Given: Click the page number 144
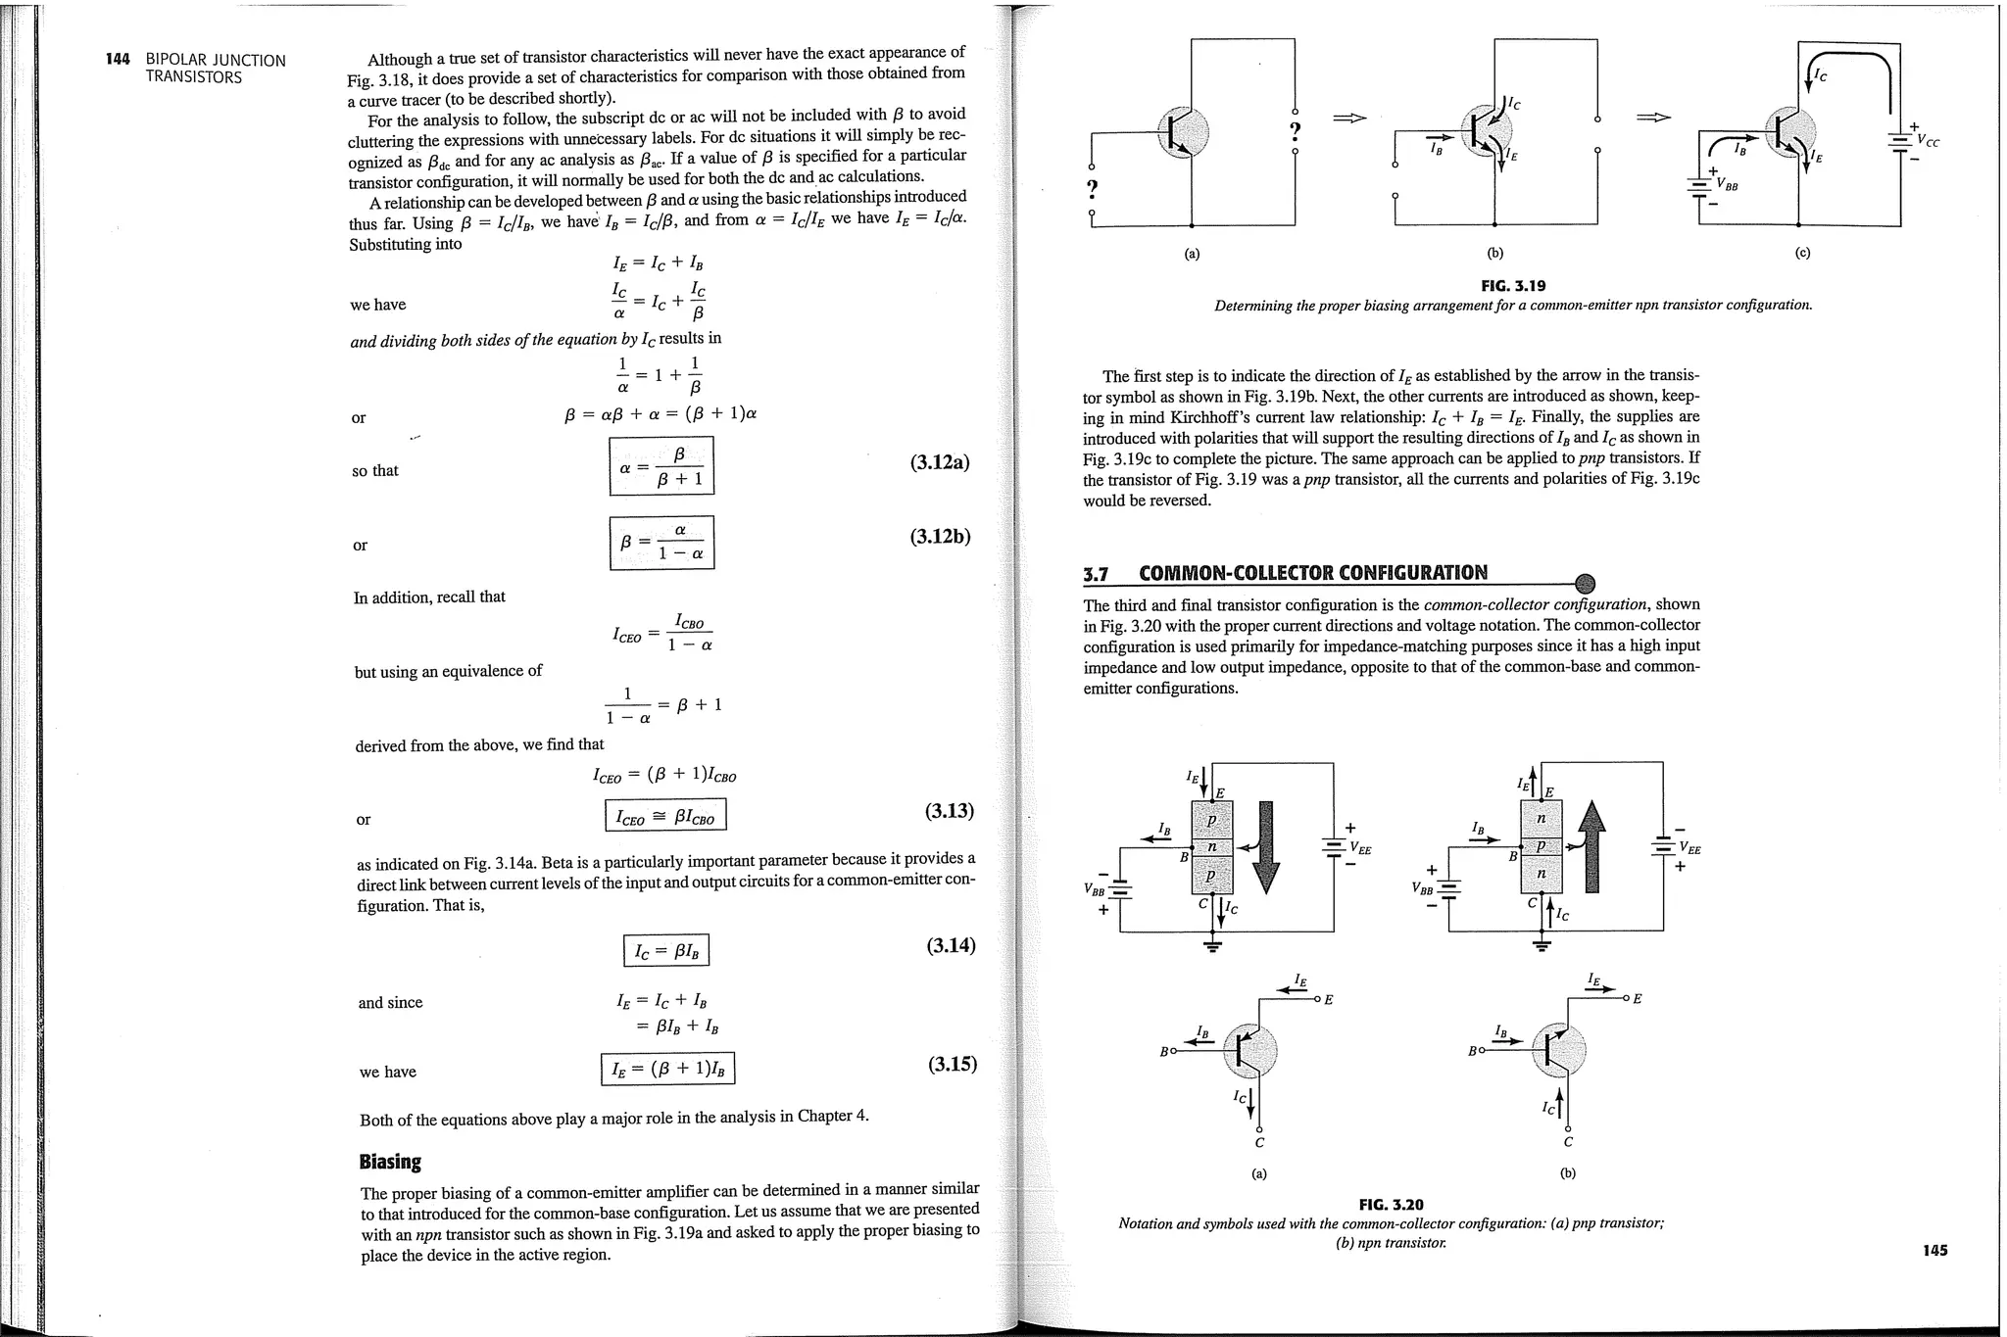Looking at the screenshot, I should (x=118, y=59).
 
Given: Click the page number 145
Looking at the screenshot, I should (x=1934, y=1250).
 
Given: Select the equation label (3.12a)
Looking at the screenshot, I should (x=939, y=462).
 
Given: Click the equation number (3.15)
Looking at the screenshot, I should (x=952, y=1064).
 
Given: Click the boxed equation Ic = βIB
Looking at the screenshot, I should (x=665, y=950).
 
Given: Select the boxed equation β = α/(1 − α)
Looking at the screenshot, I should (x=661, y=542).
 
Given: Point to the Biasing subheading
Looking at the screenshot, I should (x=390, y=1162).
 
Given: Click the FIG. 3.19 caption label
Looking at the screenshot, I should (x=1513, y=286).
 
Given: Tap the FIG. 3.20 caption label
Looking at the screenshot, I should (x=1391, y=1204).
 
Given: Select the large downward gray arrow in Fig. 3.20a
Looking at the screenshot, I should (x=1266, y=847).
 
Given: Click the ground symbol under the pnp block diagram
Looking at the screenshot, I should (x=1213, y=946).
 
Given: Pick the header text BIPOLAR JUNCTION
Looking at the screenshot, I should (x=216, y=60).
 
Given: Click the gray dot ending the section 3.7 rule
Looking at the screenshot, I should (x=1584, y=584).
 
